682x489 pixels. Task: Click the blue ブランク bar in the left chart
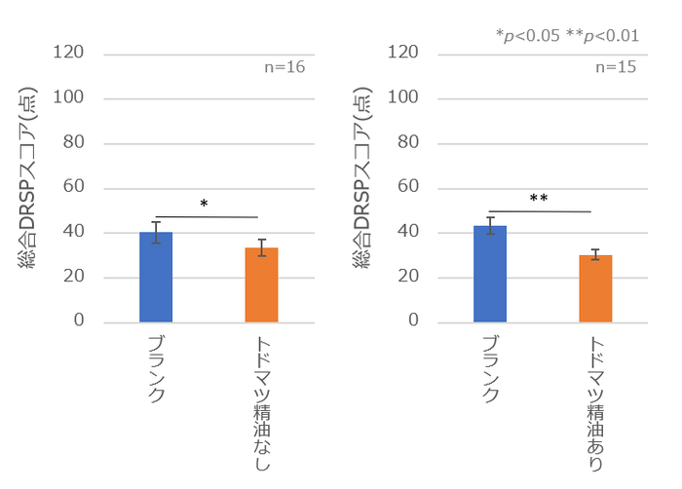(x=156, y=278)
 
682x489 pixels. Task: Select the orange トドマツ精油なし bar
(x=261, y=285)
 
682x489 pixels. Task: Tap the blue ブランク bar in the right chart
(x=490, y=274)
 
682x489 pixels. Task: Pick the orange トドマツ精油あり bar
(x=595, y=288)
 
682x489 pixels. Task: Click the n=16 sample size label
(x=285, y=68)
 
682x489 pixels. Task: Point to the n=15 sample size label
(x=615, y=68)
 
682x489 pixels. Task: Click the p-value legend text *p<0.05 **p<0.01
(x=567, y=36)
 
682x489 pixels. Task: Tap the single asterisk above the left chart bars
(x=204, y=205)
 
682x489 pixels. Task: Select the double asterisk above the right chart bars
(x=539, y=199)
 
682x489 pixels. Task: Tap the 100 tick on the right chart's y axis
(x=412, y=97)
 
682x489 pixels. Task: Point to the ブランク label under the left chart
(x=156, y=367)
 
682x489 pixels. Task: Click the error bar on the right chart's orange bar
(x=595, y=254)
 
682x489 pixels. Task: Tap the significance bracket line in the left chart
(x=207, y=216)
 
